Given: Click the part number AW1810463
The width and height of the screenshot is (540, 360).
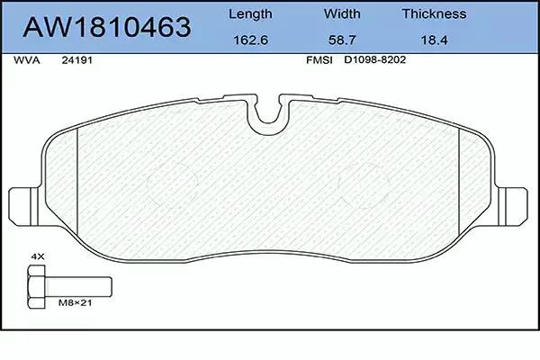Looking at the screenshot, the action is [107, 27].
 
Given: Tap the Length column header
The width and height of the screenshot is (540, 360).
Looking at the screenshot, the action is [250, 14].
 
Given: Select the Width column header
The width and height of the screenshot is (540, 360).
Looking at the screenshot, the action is [342, 13].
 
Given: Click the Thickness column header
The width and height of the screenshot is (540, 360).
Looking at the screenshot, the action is [435, 13].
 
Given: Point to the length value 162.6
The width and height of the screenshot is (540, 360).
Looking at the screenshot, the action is [251, 40].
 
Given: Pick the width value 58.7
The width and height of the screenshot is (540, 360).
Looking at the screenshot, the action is [342, 40].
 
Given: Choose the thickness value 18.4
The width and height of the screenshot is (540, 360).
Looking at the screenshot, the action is [435, 40].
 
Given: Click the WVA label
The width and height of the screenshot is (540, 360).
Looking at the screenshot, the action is [26, 60].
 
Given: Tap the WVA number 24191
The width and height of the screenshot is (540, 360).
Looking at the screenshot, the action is [76, 60].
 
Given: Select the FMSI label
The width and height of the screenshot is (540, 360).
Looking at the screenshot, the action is [319, 60].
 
